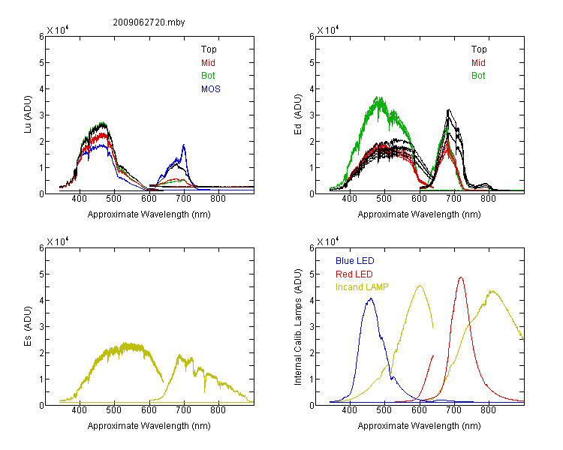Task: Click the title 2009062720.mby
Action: coord(149,22)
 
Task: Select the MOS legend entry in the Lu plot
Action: coord(211,89)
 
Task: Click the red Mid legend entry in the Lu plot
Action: coord(208,63)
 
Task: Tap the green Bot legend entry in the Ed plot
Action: coord(478,76)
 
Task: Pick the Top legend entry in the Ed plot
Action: coord(479,49)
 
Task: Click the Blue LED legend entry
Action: coord(355,261)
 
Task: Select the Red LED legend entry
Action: coord(354,274)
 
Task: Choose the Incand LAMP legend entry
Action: coord(362,287)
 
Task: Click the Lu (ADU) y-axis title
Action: coord(28,115)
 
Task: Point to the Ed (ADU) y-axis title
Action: coord(298,115)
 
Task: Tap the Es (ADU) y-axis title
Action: coord(28,326)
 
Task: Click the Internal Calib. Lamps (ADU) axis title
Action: coord(298,327)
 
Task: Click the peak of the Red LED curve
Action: coord(461,277)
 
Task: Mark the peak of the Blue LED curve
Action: coord(371,298)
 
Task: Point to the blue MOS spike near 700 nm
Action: coord(184,145)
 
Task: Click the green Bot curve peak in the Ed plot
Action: coord(378,97)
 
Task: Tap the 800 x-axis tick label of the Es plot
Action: coord(218,410)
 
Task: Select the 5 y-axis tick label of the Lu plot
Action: coord(41,63)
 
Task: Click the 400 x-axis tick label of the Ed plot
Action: coord(349,199)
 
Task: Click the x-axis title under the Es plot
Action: coord(149,426)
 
